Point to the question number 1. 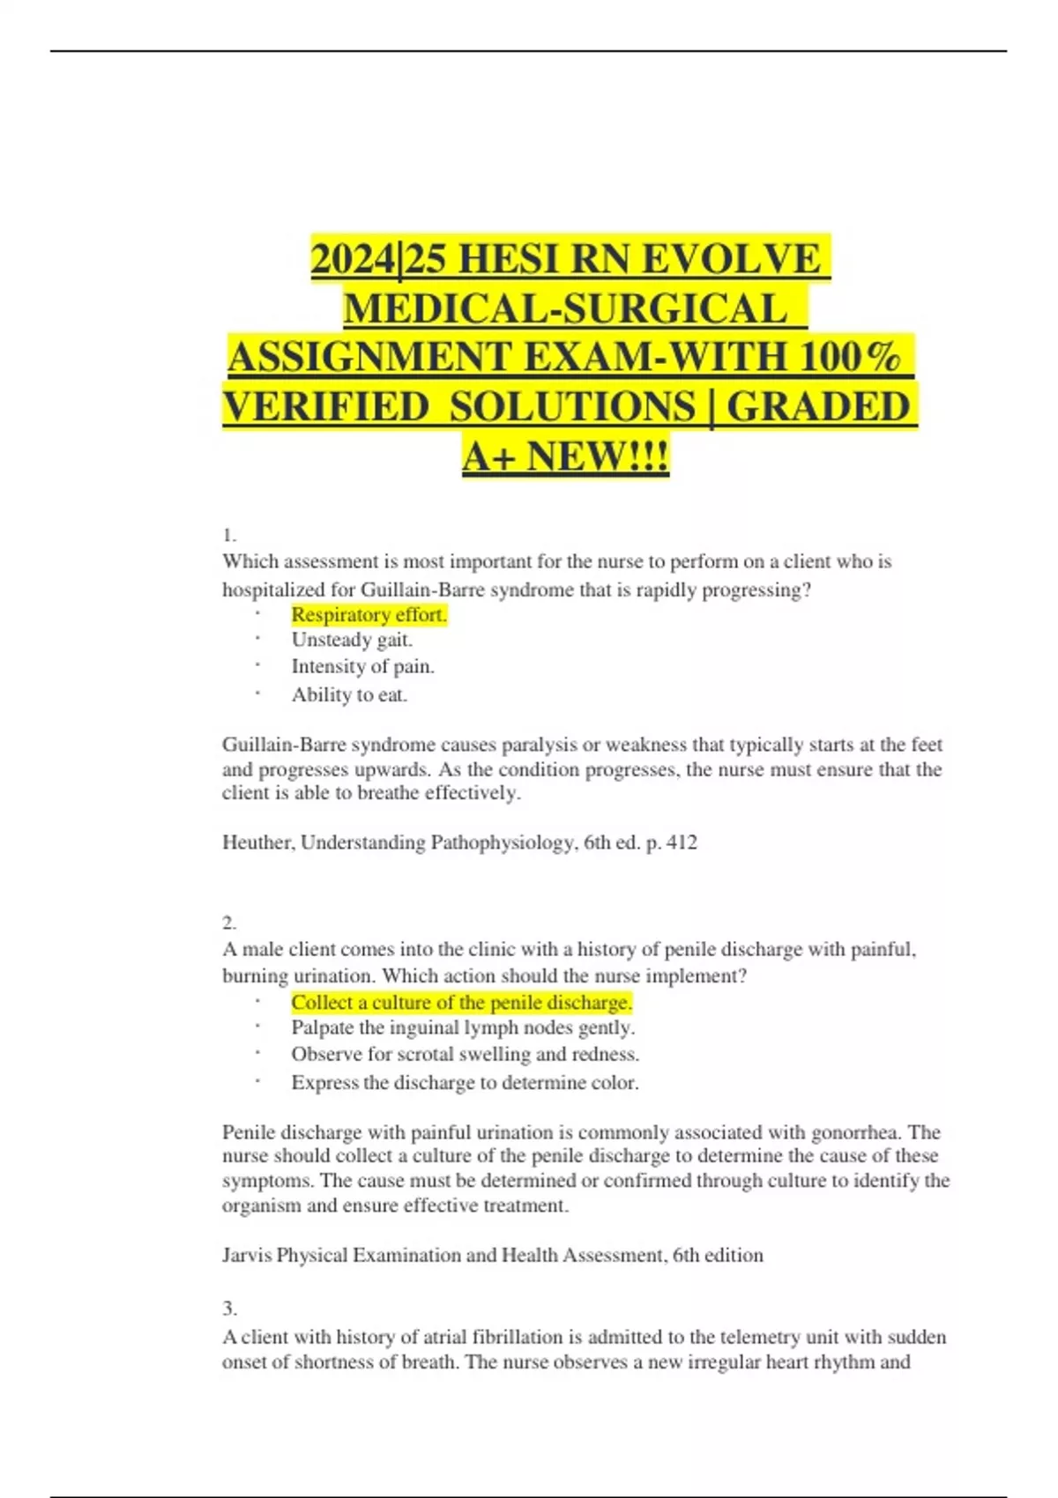pos(229,535)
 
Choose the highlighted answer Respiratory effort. pos(369,615)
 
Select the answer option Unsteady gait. pos(352,640)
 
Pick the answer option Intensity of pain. pos(362,667)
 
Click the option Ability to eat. pos(349,695)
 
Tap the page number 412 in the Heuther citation pos(682,842)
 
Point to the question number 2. pos(229,923)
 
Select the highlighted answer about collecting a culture pos(461,1003)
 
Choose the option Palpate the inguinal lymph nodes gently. pos(463,1027)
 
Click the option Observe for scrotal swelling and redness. pos(465,1055)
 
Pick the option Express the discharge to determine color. pos(465,1083)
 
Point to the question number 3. pos(229,1309)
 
